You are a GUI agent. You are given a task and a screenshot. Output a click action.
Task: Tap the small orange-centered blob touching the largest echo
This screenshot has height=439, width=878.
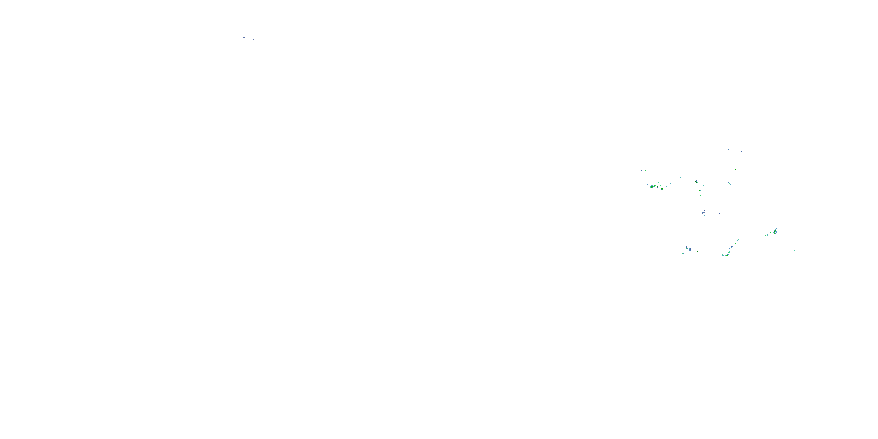655,186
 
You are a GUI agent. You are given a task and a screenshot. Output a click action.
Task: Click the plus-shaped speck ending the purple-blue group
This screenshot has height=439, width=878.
260,42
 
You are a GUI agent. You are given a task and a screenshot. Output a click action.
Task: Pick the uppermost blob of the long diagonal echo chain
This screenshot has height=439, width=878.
738,240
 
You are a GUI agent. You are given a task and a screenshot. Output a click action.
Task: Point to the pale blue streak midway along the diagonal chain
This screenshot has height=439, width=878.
731,247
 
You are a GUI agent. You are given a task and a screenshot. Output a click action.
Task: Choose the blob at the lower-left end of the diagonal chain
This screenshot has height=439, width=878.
723,255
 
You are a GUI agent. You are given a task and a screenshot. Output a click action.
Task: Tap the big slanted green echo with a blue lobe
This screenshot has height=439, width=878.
775,231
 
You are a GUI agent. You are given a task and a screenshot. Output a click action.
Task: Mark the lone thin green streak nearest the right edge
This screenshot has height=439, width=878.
795,250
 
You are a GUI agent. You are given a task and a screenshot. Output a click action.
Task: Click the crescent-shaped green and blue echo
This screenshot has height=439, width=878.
696,182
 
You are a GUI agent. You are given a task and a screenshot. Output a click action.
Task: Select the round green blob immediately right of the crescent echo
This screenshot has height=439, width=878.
704,185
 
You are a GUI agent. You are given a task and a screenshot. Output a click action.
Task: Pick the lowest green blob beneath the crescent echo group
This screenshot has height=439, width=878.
700,195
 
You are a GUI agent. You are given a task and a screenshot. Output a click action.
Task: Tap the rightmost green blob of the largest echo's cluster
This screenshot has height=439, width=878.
670,184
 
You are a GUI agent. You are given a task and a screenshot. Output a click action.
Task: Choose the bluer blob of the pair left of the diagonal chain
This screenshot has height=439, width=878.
690,249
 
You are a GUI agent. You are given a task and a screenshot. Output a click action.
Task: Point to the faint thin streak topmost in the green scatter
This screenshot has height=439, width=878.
742,152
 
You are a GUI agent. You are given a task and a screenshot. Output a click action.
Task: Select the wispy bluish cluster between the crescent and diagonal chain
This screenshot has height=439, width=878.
704,213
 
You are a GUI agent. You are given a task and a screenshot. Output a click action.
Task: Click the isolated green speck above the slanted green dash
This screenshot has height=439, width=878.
736,169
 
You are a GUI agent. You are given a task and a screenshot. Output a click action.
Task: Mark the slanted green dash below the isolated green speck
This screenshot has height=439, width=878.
730,184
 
